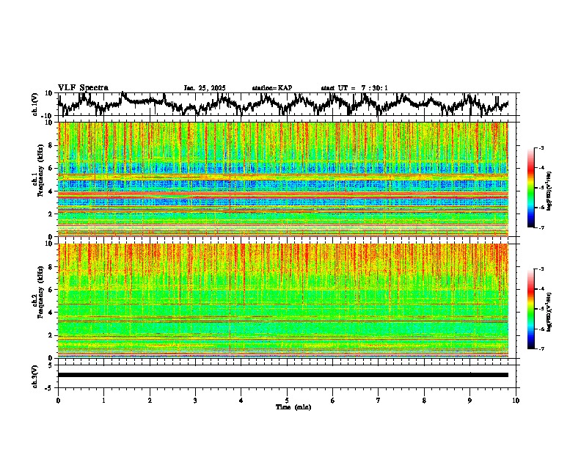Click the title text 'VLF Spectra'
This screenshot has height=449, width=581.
coord(83,87)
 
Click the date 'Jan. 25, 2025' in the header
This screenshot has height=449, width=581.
coord(205,88)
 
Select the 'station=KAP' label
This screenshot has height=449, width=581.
coord(272,88)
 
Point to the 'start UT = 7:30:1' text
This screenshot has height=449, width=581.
coord(354,88)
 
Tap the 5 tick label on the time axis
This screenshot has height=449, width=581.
coord(287,400)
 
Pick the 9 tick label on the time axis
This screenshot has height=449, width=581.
coord(470,400)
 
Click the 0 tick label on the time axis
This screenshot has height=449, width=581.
coord(58,400)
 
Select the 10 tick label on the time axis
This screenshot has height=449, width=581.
coord(516,400)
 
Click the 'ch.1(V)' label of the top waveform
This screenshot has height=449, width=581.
coord(35,104)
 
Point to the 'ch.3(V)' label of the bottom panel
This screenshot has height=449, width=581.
coord(35,375)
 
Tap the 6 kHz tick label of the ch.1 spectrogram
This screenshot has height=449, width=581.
coord(49,168)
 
